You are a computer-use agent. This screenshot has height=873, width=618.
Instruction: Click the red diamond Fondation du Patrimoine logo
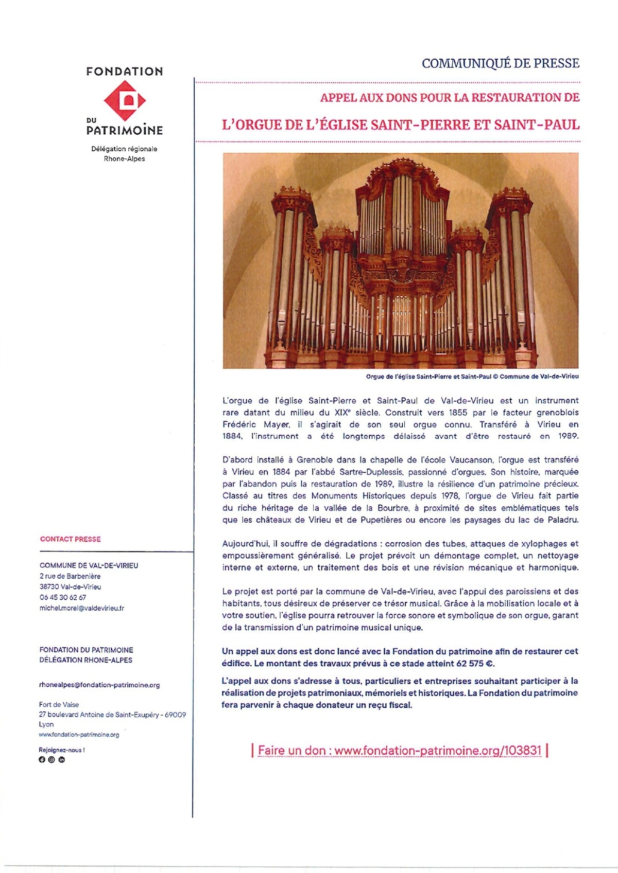pos(125,100)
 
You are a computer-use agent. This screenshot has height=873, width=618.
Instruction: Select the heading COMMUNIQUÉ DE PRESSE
pos(500,63)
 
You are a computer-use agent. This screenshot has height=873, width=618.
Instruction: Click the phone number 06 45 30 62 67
pos(63,597)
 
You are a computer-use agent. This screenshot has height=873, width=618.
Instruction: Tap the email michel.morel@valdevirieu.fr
pos(82,608)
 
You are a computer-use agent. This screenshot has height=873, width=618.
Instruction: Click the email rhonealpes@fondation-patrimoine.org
pos(99,685)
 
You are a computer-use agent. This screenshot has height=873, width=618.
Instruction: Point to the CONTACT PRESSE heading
pos(71,539)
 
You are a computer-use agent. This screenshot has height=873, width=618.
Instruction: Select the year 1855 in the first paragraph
pos(458,413)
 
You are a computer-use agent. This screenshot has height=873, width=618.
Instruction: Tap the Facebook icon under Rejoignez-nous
pos(42,760)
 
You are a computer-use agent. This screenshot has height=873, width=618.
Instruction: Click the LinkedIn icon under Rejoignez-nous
pos(62,760)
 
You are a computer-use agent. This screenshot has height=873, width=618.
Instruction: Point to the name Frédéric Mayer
pos(256,424)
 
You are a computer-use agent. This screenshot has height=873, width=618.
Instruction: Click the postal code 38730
pos(49,587)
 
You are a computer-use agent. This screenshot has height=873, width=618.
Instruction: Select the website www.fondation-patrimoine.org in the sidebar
pos(79,735)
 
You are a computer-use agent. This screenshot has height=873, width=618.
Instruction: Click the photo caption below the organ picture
pos(472,377)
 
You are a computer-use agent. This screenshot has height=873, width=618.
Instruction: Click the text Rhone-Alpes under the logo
pos(125,159)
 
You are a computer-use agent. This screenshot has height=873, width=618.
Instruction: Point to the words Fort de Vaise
pos(59,705)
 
